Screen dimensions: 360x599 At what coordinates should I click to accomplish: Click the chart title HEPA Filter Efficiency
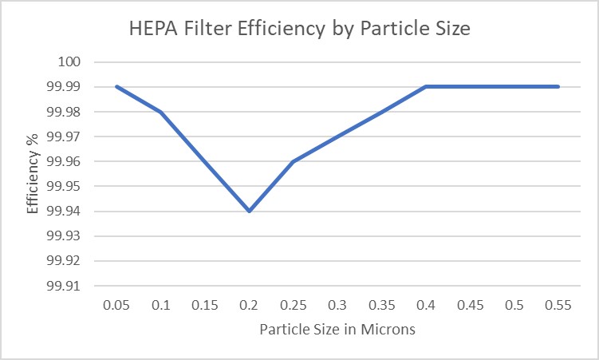pyautogui.click(x=299, y=30)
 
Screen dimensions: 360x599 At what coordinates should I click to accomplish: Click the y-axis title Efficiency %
pyautogui.click(x=33, y=173)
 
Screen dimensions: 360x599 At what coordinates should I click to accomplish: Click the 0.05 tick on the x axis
pyautogui.click(x=116, y=306)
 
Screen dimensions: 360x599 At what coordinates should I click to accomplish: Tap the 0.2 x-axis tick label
pyautogui.click(x=250, y=306)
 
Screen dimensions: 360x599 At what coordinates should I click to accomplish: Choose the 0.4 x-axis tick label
pyautogui.click(x=426, y=306)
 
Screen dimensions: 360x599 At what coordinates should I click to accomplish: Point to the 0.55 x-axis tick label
pyautogui.click(x=558, y=306)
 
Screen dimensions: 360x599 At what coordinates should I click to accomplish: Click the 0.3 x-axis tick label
pyautogui.click(x=337, y=306)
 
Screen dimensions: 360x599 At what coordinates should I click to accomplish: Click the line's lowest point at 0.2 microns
pyautogui.click(x=250, y=211)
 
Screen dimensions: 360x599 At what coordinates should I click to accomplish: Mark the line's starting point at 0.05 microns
pyautogui.click(x=116, y=86)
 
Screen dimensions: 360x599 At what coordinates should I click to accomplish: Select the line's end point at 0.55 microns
pyautogui.click(x=558, y=86)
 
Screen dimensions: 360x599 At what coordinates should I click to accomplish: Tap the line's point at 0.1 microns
pyautogui.click(x=161, y=112)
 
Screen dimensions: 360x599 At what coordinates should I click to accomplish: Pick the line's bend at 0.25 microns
pyautogui.click(x=294, y=161)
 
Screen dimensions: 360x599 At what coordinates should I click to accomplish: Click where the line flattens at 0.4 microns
pyautogui.click(x=426, y=86)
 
